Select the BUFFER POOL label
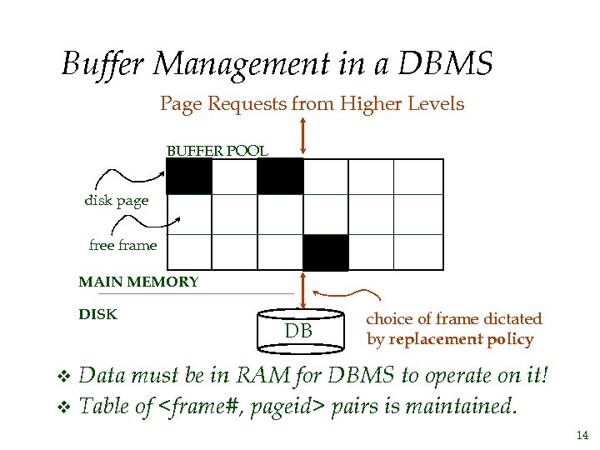pos(217,151)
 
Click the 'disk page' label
pos(116,201)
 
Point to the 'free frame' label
pos(122,245)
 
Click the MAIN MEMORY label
pos(138,282)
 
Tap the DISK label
pos(97,315)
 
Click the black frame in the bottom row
pos(325,252)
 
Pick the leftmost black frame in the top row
pos(189,176)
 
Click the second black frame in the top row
pos(280,176)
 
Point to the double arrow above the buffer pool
pos(302,135)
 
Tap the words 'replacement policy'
pos(461,340)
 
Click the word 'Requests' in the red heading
pos(247,104)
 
